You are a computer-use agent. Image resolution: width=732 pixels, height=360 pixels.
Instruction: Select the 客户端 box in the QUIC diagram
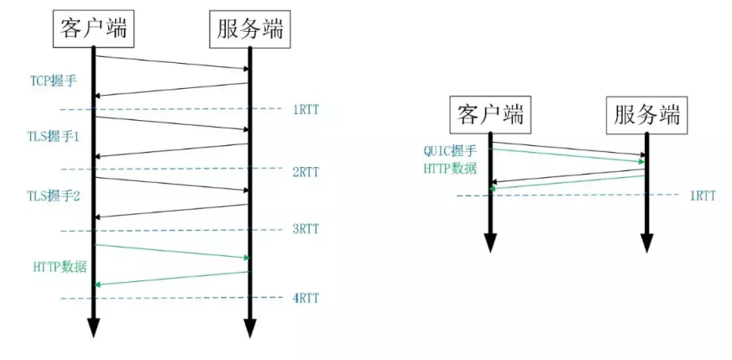coord(491,114)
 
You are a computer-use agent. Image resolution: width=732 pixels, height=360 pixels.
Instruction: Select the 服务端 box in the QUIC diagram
coord(646,114)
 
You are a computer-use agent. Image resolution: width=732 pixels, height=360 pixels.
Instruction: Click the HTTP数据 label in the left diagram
coord(57,266)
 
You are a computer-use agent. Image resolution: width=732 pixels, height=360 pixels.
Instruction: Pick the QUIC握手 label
coord(449,151)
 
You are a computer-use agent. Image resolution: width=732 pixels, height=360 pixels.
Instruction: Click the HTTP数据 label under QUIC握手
coord(449,167)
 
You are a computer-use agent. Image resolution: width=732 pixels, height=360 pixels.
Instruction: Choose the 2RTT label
coord(306,172)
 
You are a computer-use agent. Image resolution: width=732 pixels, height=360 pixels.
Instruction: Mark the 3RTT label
coord(306,228)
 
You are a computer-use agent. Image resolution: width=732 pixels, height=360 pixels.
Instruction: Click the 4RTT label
coord(306,298)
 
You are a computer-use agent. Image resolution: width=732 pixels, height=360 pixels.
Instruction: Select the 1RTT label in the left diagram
coord(306,110)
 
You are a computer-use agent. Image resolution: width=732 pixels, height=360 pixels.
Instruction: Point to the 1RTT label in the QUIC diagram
coord(703,196)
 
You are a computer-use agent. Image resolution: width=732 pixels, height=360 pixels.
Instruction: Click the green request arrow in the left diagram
coord(172,251)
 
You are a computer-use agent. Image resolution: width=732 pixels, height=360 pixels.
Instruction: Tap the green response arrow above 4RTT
coord(172,279)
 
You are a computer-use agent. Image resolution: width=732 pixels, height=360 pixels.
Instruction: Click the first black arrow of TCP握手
coord(172,62)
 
